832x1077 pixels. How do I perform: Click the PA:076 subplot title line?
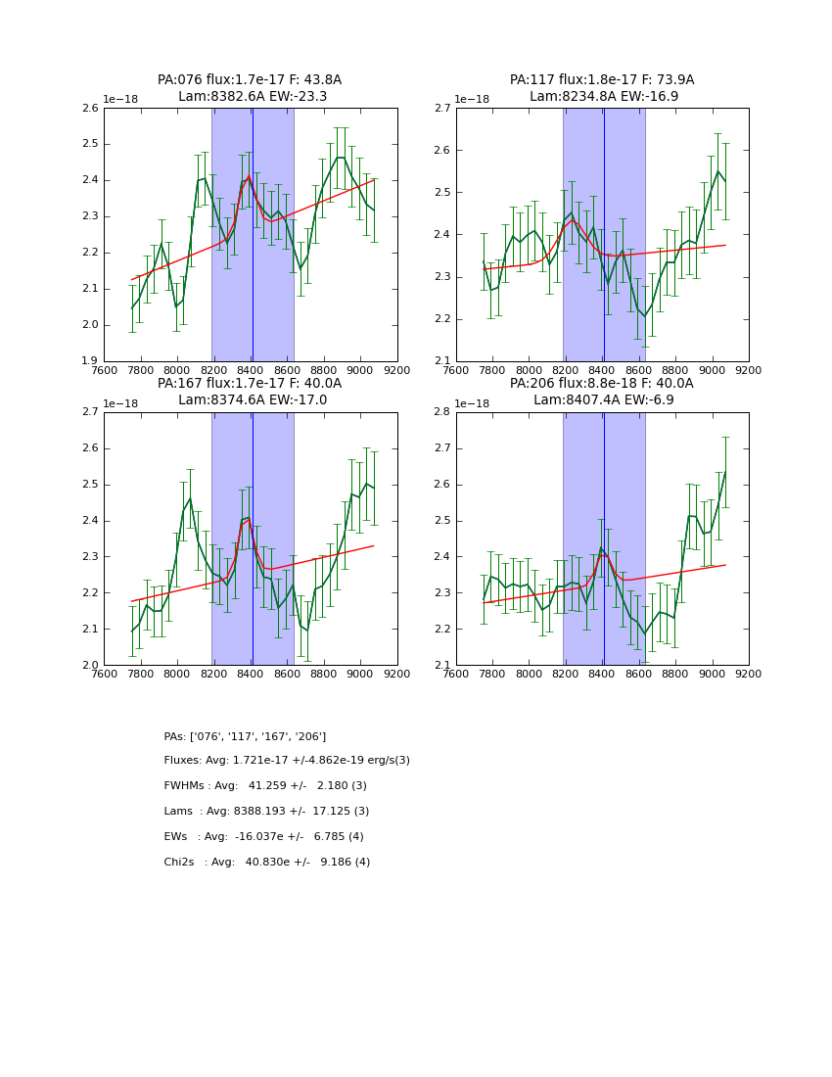pos(250,80)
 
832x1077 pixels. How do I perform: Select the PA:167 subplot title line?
pos(250,384)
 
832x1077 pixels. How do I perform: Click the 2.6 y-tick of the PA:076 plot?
pos(90,109)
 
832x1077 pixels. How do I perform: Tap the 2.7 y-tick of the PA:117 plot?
pos(442,109)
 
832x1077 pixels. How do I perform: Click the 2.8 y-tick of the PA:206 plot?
pos(442,412)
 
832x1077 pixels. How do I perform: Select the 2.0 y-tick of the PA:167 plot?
pos(90,666)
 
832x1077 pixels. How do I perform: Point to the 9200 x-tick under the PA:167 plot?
pos(397,675)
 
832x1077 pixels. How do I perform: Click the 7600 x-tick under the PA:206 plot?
pos(456,675)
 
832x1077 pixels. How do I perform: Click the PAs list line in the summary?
pos(245,736)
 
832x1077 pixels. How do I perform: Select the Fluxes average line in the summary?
pos(287,761)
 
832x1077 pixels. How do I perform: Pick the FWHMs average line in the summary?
pos(265,786)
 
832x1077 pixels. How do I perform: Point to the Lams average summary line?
pos(266,812)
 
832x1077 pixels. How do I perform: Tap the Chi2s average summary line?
pos(266,863)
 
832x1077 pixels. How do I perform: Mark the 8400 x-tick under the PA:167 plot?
pos(251,675)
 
